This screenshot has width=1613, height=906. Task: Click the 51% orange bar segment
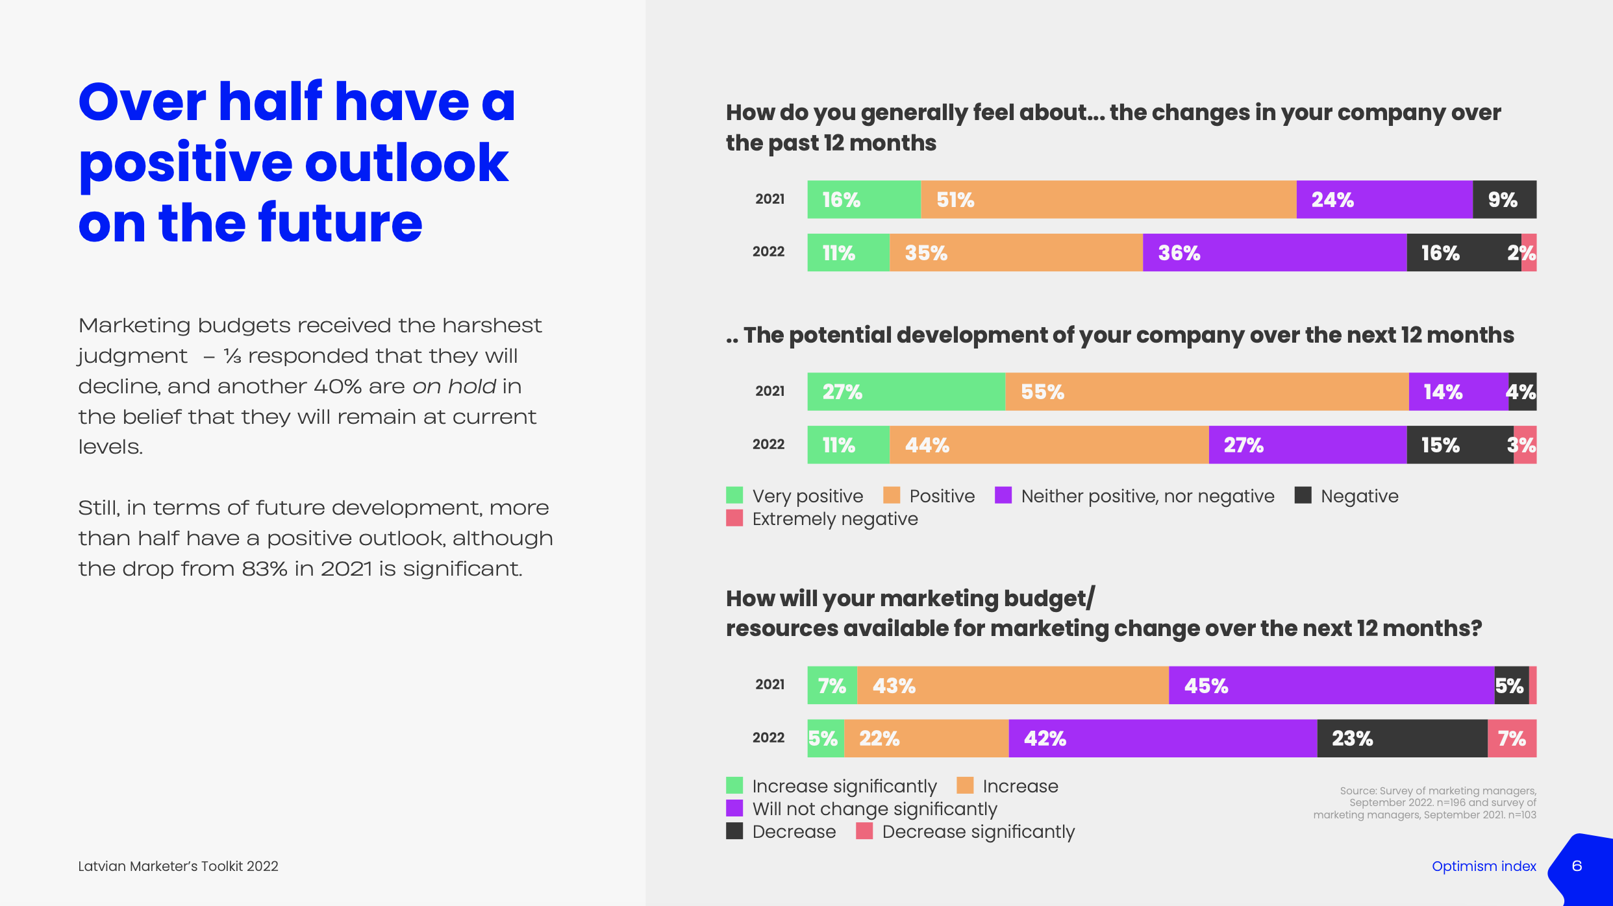click(1108, 199)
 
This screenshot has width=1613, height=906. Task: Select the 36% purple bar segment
click(1274, 252)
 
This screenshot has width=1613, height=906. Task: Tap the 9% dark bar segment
click(1504, 199)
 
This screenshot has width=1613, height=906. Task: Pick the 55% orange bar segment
click(1207, 391)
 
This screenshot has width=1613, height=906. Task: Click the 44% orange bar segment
click(1048, 445)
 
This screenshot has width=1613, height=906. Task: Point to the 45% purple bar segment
click(1331, 685)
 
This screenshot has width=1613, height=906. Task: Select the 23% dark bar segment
click(1401, 738)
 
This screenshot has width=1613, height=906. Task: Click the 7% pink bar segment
click(1512, 738)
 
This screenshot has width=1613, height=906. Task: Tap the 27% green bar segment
click(906, 391)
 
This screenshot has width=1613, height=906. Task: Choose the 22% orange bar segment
click(925, 738)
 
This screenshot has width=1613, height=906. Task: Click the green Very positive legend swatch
click(734, 495)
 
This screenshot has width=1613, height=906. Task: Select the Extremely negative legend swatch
click(734, 518)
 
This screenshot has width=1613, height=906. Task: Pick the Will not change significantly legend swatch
click(734, 808)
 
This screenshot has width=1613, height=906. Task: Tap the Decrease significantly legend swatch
click(864, 831)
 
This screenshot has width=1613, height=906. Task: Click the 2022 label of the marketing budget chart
click(768, 737)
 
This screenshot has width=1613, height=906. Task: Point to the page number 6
click(1577, 866)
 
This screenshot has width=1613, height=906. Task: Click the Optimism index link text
click(1484, 866)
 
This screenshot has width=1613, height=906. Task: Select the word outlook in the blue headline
click(406, 162)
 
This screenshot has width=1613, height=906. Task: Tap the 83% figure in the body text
click(264, 569)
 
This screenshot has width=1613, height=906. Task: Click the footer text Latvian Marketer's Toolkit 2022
click(178, 866)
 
